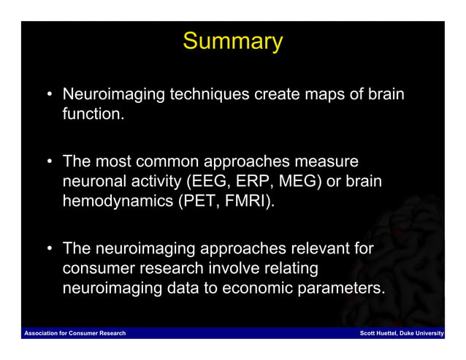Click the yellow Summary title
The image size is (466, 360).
point(233,42)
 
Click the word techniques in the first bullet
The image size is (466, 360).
point(210,95)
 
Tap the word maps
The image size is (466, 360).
point(324,95)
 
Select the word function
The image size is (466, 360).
point(93,114)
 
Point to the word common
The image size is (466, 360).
point(167,161)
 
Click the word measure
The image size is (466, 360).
point(326,161)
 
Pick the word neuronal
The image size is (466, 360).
point(95,181)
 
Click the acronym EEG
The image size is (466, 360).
point(209,181)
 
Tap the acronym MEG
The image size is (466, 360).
point(300,181)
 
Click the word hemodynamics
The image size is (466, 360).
point(118,201)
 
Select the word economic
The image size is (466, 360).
point(257,288)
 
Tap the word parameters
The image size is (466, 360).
point(341,288)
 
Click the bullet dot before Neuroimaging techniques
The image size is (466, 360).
point(50,94)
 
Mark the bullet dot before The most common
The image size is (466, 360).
point(50,161)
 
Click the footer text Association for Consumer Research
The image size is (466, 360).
point(75,333)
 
